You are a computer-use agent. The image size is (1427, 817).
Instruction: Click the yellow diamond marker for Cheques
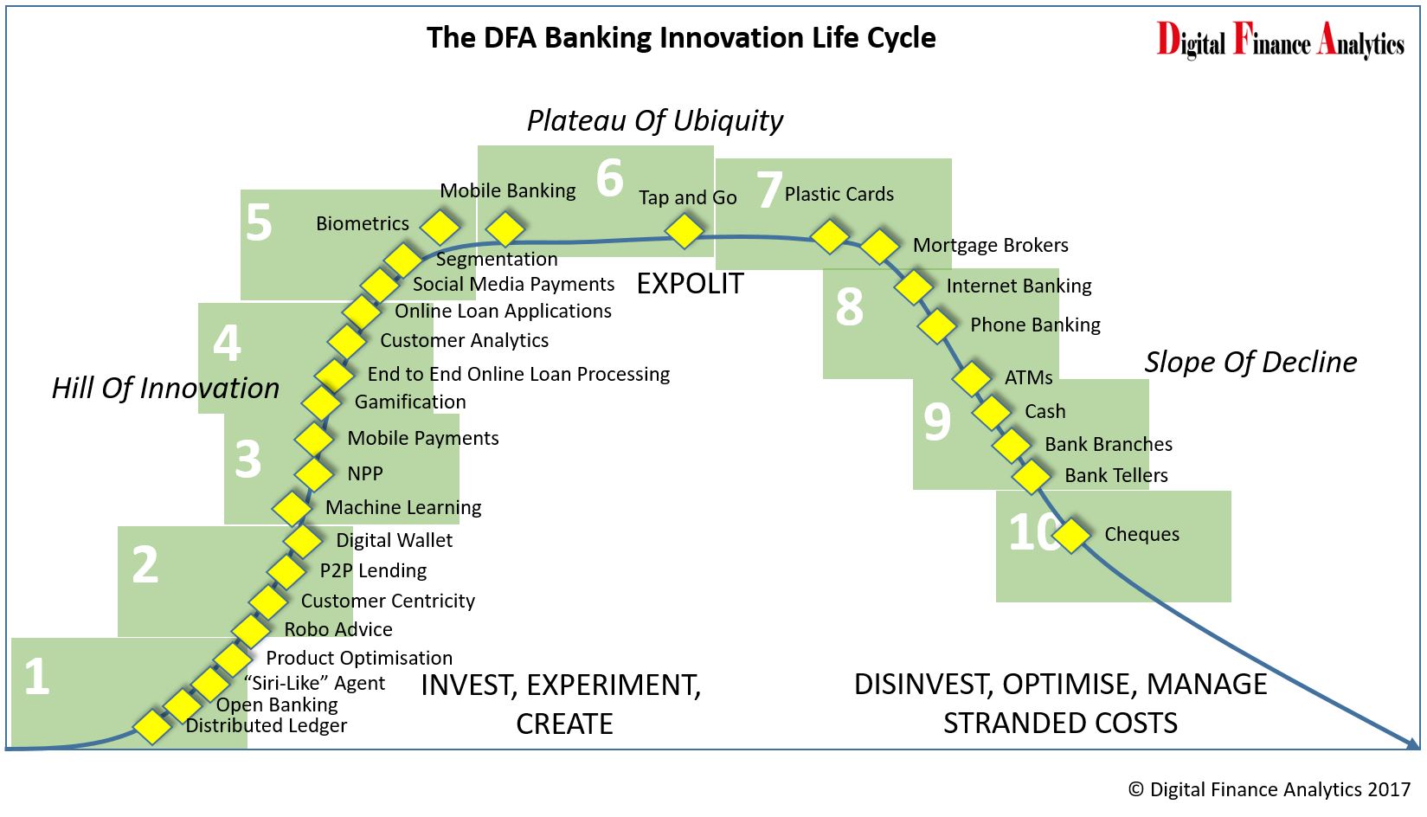(x=1071, y=535)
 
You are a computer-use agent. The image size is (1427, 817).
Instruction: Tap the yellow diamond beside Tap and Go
(x=684, y=230)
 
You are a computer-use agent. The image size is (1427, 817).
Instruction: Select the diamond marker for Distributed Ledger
(x=152, y=726)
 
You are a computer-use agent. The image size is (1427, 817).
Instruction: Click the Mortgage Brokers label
(x=991, y=245)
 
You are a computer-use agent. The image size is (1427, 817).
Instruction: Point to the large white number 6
(x=610, y=177)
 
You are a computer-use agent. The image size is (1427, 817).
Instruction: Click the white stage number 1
(x=37, y=677)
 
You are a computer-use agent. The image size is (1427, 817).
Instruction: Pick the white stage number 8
(x=849, y=307)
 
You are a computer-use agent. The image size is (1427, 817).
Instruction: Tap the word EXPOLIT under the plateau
(x=690, y=284)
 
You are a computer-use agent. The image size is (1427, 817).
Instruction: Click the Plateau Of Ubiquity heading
(x=655, y=120)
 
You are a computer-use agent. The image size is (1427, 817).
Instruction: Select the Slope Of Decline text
(x=1250, y=362)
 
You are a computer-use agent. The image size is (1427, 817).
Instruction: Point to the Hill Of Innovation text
(x=165, y=388)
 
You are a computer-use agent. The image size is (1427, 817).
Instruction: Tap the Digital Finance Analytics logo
(x=1281, y=40)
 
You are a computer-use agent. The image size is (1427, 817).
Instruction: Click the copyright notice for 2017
(x=1270, y=789)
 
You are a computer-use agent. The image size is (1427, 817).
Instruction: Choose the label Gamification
(x=410, y=402)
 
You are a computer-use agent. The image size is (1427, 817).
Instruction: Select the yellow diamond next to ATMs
(x=972, y=378)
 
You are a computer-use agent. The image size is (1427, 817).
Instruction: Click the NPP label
(x=365, y=474)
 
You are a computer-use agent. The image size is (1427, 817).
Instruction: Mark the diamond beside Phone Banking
(x=937, y=326)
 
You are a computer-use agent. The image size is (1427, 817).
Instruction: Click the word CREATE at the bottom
(x=564, y=724)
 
